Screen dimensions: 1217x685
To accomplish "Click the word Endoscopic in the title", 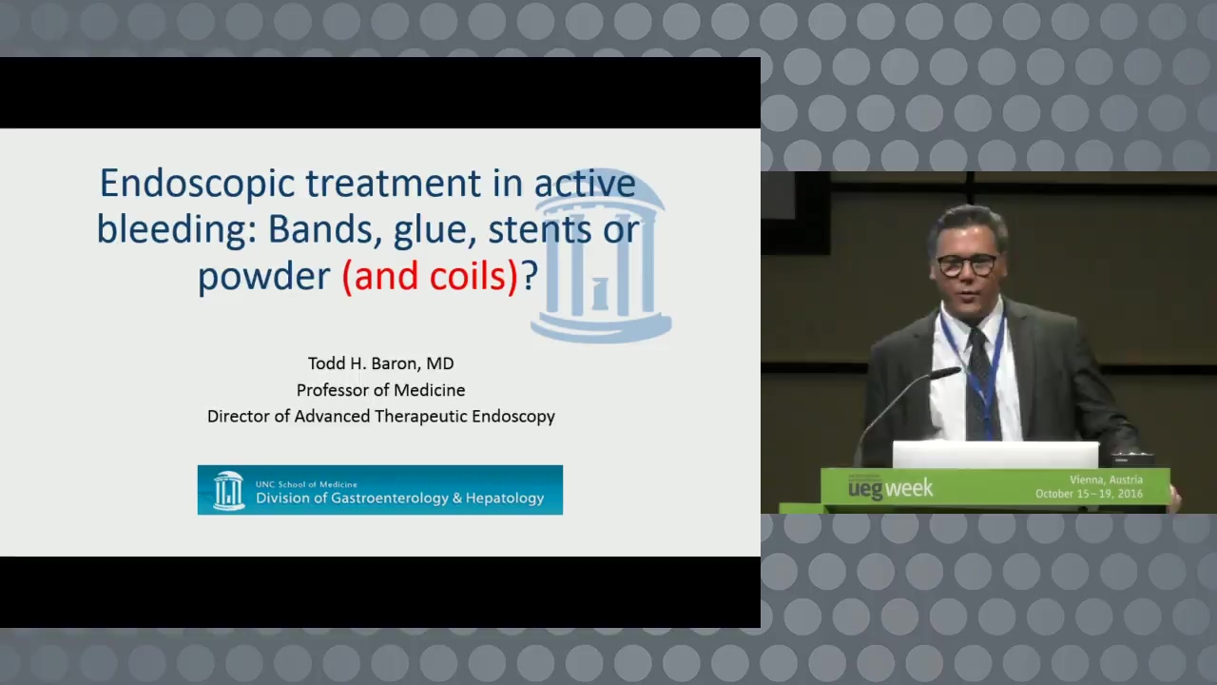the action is (197, 185).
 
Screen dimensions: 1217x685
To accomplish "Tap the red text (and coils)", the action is (430, 276).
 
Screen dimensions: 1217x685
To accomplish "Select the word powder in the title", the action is (263, 277).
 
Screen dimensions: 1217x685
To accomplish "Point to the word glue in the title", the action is (429, 230).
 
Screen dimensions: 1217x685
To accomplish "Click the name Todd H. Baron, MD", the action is (381, 363).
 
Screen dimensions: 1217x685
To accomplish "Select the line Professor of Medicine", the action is (381, 390).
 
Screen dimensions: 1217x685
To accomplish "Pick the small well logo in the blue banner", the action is (228, 490).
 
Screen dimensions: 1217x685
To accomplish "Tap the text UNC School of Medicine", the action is (306, 484).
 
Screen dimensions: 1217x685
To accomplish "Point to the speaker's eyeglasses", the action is (968, 265).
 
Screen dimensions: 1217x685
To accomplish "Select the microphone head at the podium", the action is (945, 373).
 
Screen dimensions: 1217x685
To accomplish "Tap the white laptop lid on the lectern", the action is (995, 455).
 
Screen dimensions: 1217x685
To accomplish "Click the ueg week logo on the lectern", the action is (891, 488).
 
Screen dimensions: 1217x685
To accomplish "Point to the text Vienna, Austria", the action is (1106, 480).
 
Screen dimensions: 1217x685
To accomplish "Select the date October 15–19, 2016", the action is (1089, 494).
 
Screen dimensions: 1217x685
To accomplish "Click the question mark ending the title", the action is (530, 275).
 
